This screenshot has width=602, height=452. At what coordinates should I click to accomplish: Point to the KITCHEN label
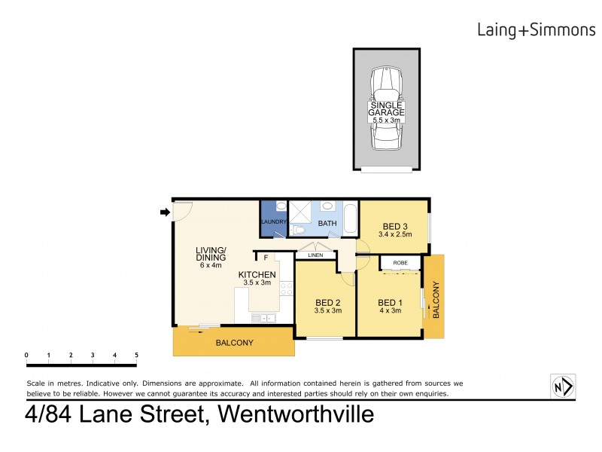(257, 274)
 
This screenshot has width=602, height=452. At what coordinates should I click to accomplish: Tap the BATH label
(327, 224)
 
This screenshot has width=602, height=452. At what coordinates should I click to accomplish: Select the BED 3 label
(395, 226)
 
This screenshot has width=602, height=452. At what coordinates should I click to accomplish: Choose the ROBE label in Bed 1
(400, 263)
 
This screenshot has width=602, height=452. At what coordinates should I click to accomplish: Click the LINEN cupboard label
(315, 256)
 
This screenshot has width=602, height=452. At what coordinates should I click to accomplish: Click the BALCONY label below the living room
(235, 343)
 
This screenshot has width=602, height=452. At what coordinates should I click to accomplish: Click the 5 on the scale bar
(136, 354)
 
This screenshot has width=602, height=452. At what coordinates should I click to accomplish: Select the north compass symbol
(563, 386)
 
